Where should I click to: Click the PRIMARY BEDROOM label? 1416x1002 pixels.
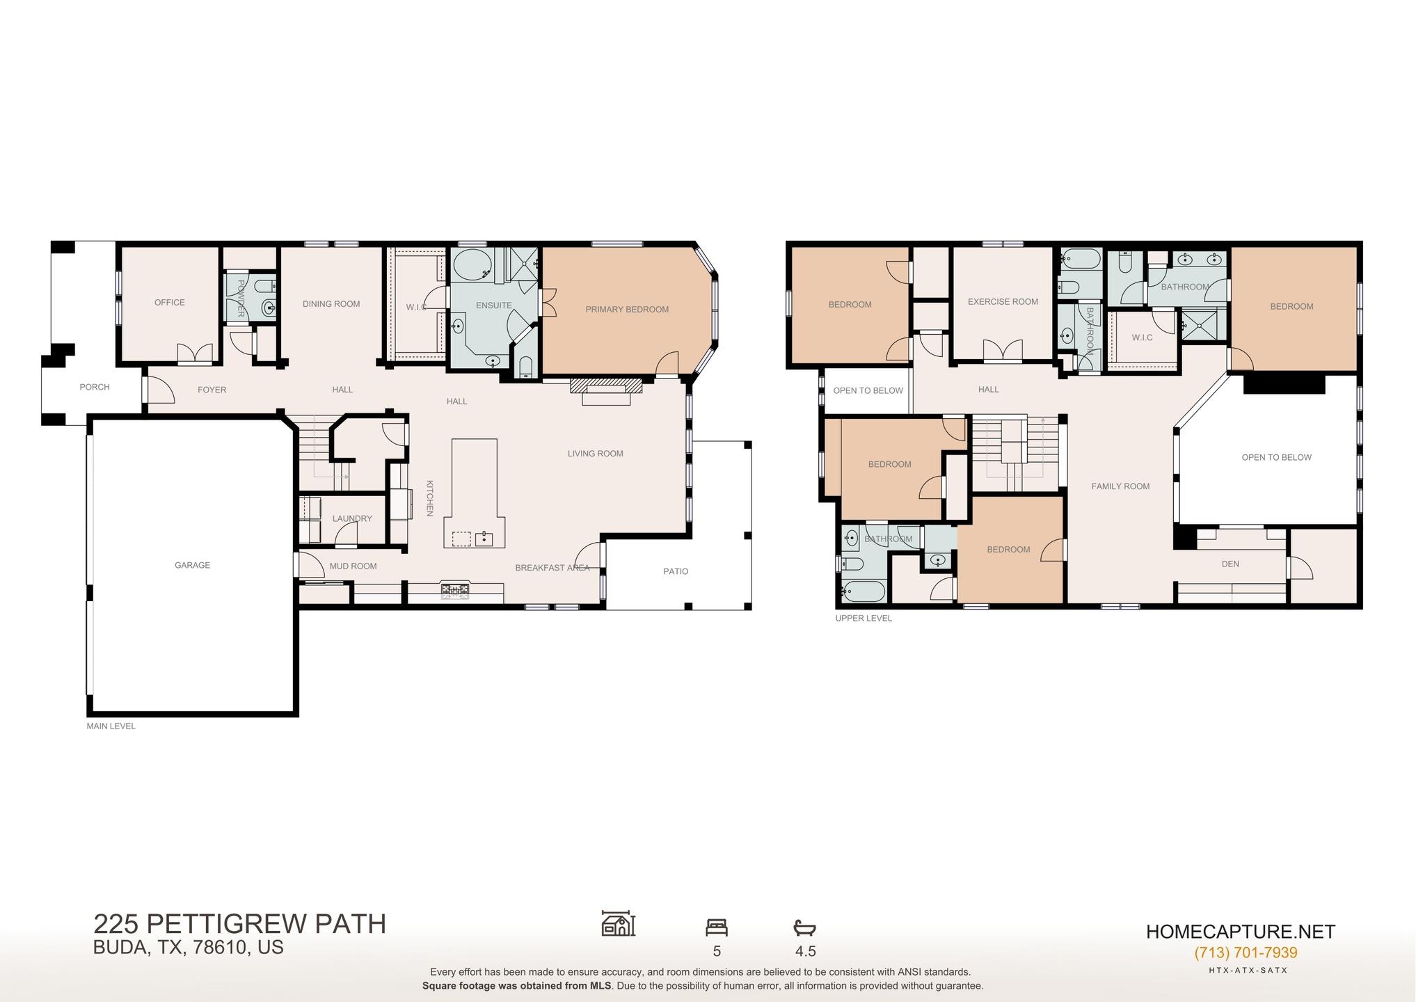(626, 310)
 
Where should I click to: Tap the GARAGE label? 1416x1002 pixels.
(192, 565)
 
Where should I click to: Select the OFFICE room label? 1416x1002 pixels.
(169, 303)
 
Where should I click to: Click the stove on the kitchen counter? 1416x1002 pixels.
(455, 591)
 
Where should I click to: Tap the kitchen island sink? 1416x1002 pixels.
(484, 539)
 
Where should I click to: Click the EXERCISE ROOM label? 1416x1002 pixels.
(1002, 302)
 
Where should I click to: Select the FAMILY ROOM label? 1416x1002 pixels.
(1120, 486)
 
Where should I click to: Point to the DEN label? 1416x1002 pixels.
(1230, 564)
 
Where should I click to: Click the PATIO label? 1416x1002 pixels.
(675, 571)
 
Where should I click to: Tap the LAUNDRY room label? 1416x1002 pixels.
(352, 518)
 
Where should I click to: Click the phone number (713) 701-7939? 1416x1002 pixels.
(1246, 953)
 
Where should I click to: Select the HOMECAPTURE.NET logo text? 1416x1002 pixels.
(1240, 932)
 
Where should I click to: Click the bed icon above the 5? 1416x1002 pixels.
(716, 928)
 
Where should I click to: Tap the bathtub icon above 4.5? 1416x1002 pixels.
(804, 928)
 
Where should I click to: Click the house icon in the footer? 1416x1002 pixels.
(618, 924)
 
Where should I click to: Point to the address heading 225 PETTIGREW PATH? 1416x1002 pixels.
(239, 924)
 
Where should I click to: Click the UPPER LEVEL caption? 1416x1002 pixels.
(863, 618)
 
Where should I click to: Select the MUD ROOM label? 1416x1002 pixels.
(353, 566)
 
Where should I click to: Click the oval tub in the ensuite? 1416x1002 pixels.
(472, 265)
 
